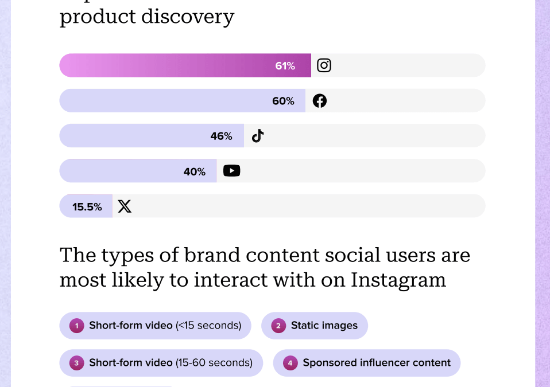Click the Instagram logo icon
pos(324,65)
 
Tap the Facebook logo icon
pos(320,101)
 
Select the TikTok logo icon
pos(258,136)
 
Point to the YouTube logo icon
pos(231,171)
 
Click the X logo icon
pos(125,206)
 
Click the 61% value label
pos(285,66)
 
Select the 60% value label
pos(283,101)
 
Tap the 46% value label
pos(221,136)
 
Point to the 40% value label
pos(195,171)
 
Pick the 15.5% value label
pos(87,207)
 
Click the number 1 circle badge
pos(76,326)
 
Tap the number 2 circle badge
pos(278,326)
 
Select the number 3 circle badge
pos(76,363)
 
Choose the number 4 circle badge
pos(291,363)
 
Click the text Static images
pos(324,326)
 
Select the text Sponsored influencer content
pos(377,363)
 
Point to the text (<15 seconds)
pos(208,326)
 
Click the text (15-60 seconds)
pos(214,363)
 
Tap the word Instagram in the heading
pos(398,280)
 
